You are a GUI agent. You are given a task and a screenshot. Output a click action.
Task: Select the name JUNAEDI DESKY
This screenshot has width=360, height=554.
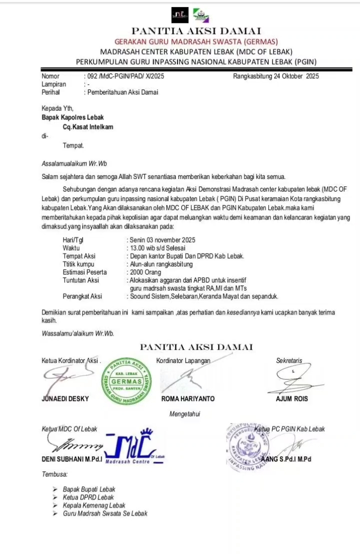pos(65,399)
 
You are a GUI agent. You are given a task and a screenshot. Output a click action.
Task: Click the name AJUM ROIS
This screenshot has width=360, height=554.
pos(292,399)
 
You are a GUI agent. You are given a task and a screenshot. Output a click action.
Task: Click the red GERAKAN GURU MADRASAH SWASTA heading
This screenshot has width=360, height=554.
pos(196,41)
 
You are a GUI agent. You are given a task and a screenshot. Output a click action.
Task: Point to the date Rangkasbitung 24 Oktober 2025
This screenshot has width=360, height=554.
pos(275,76)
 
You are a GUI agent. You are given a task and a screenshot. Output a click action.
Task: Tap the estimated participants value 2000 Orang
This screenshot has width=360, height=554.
pos(145,272)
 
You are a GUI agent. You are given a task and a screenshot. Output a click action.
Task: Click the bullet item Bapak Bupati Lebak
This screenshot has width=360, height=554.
pos(89,489)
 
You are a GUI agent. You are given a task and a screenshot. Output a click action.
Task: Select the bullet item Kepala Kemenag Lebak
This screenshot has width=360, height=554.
pos(94,505)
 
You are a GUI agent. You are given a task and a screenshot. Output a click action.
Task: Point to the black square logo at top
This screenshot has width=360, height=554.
pos(180,15)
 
